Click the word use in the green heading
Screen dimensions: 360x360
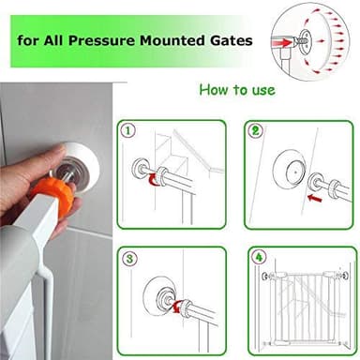click(x=261, y=90)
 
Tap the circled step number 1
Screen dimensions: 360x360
click(x=129, y=130)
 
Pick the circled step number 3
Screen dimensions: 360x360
click(x=129, y=257)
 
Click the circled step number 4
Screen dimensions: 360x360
click(x=258, y=258)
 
